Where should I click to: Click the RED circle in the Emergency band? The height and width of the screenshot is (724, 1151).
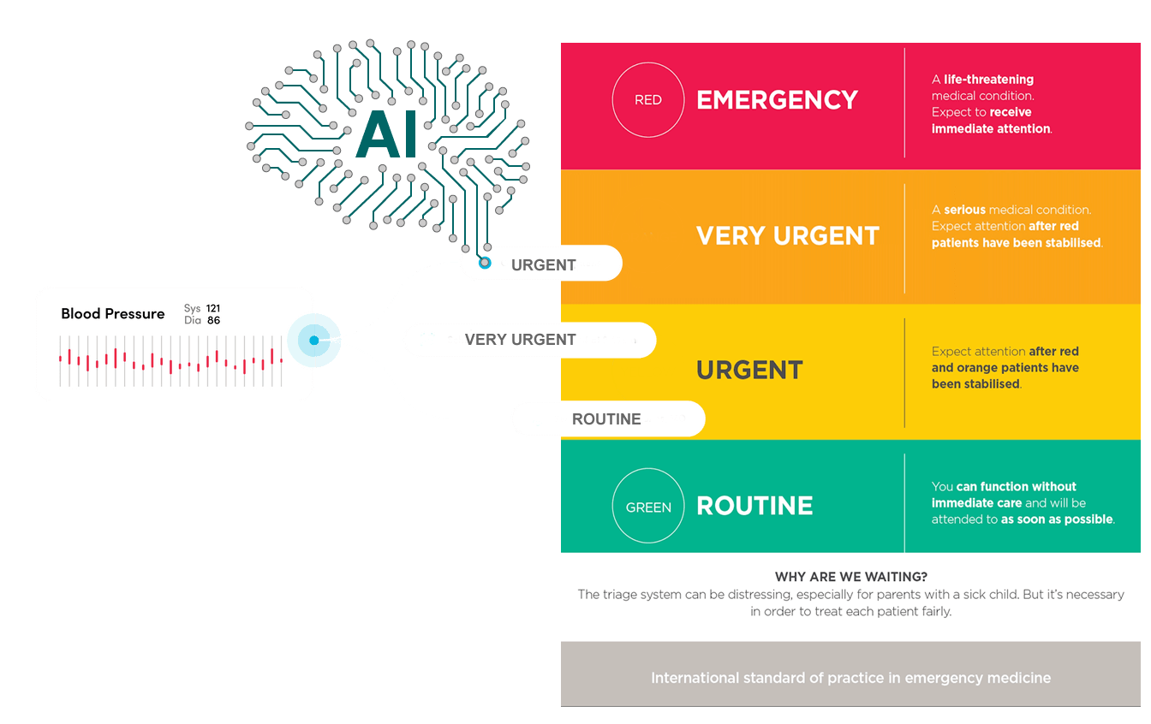coord(648,100)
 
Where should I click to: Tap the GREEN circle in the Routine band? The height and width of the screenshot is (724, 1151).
coord(648,507)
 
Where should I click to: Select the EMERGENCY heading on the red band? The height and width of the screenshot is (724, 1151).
coord(777,100)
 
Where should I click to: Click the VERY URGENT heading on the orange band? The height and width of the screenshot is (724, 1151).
coord(788,236)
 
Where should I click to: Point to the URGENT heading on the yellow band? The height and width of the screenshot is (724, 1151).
coord(749,371)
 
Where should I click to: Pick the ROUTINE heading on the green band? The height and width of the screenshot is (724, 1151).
coord(754,506)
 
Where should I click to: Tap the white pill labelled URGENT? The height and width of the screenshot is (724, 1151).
coord(543,264)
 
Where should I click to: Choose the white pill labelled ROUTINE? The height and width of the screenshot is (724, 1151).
coord(606,419)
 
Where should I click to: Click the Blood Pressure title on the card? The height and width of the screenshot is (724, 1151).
coord(113,314)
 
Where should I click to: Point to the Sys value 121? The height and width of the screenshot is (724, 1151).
coord(213,308)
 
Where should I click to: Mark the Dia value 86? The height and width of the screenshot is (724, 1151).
coord(213,321)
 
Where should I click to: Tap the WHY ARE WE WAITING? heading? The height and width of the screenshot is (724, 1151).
coord(851,577)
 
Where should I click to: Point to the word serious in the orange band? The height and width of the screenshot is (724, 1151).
coord(964,210)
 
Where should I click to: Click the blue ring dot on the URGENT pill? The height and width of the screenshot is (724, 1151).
coord(485,263)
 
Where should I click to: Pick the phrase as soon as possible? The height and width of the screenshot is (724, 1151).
coord(1057,519)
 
